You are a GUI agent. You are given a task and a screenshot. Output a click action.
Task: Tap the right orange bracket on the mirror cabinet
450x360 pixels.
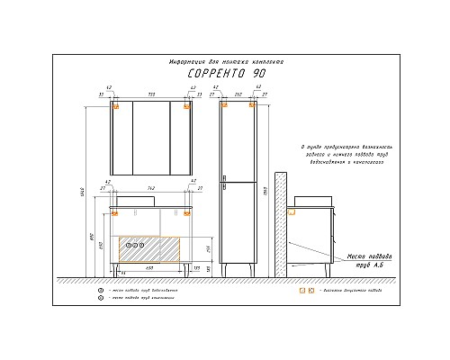tap(186, 106)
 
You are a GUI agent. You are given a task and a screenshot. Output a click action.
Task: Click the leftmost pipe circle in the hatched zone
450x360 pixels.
tap(127, 244)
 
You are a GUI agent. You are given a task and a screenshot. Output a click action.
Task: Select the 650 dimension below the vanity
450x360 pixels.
tap(149, 268)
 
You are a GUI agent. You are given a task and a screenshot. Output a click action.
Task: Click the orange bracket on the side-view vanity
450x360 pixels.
tap(292, 212)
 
